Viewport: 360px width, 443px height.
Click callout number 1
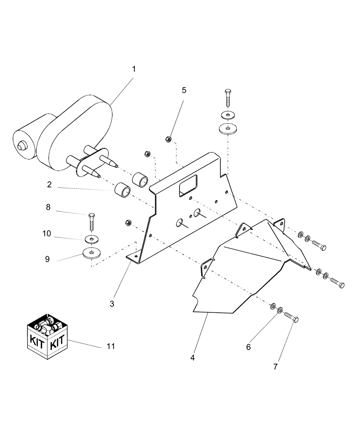click(133, 69)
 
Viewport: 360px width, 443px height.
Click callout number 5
click(184, 90)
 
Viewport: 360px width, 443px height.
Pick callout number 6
click(248, 347)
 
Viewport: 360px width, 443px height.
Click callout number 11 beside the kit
click(111, 346)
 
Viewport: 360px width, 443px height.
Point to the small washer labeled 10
click(92, 240)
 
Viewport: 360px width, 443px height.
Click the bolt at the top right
click(227, 100)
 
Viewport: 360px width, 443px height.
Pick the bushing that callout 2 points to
click(122, 191)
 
